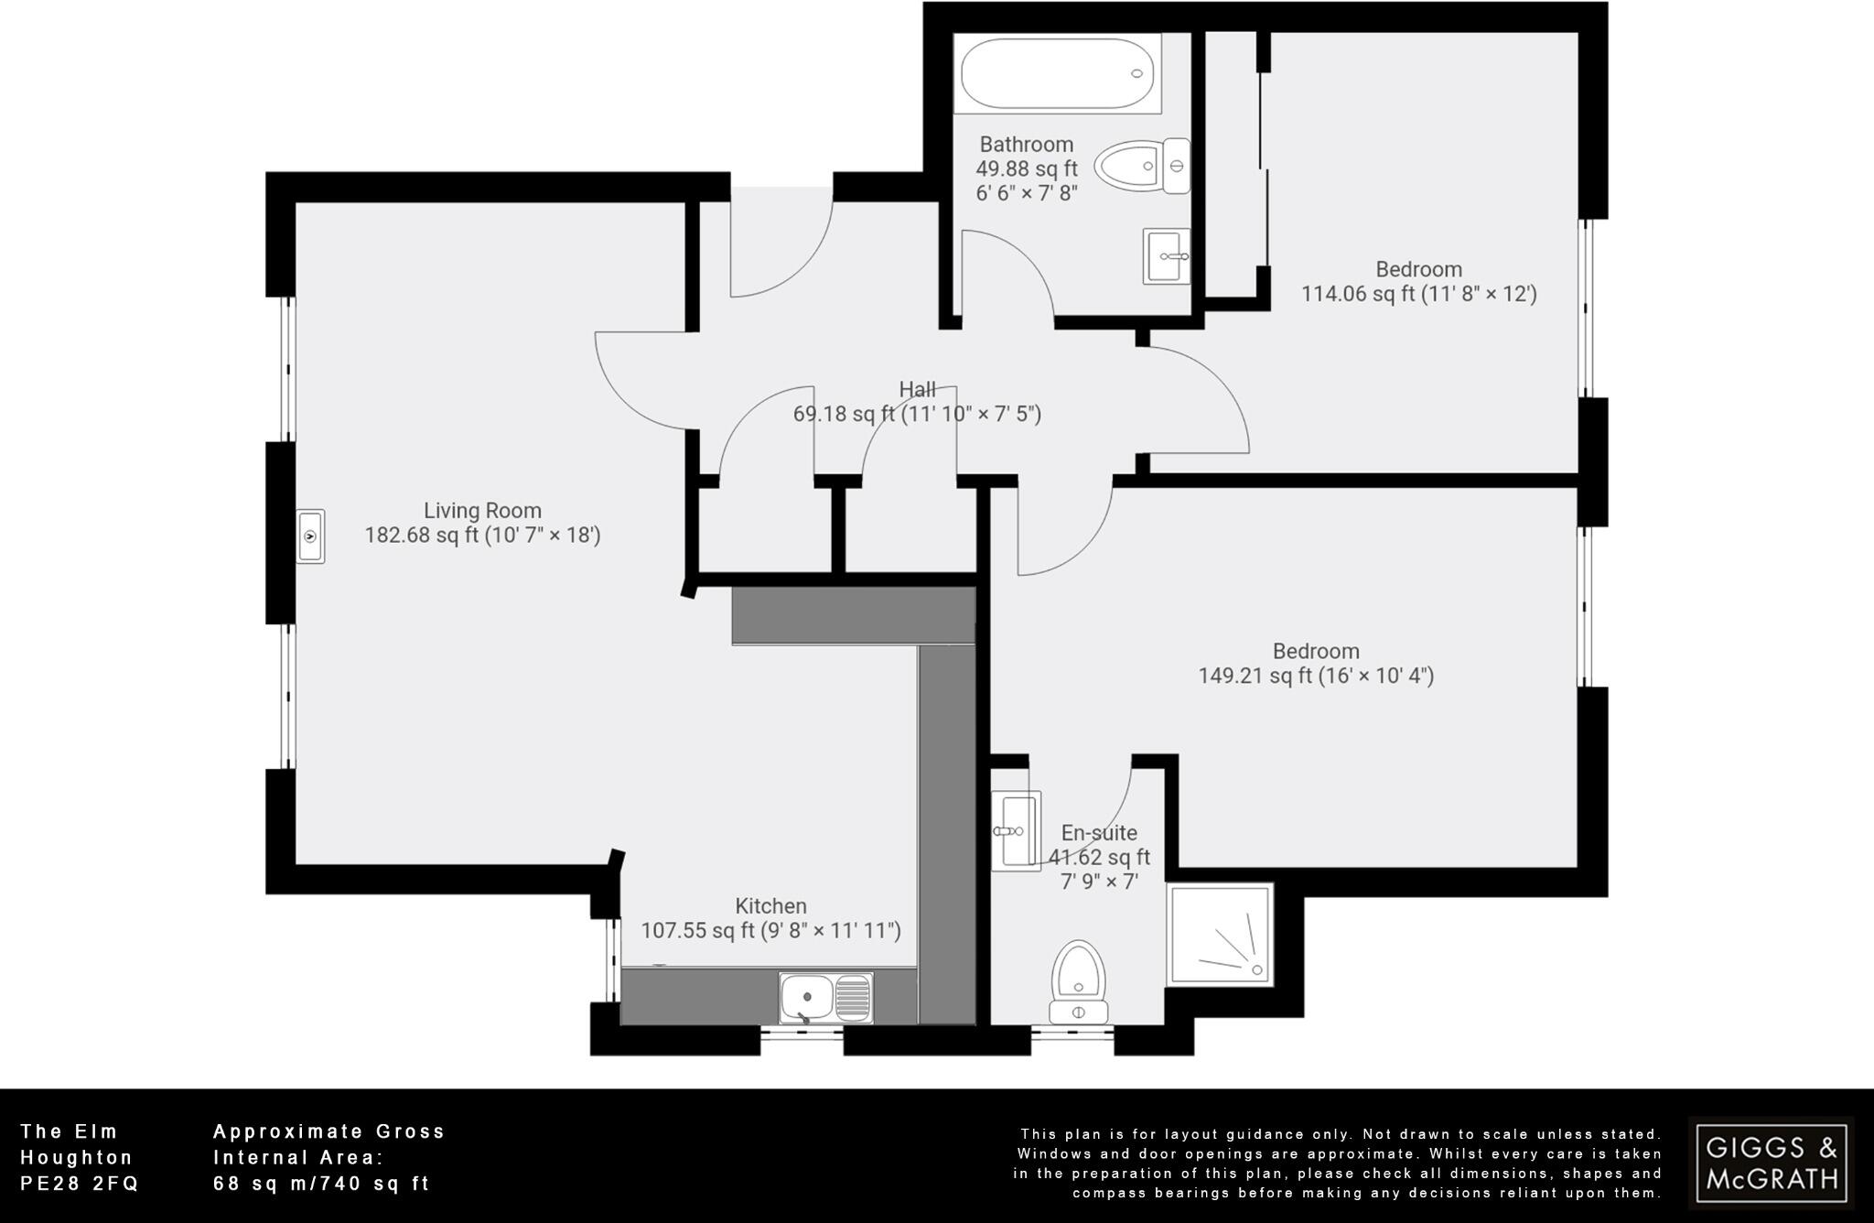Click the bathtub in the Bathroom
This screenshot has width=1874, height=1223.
coord(1057,73)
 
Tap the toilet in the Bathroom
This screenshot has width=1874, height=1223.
coord(1142,167)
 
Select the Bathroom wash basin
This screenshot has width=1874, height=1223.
coord(1167,256)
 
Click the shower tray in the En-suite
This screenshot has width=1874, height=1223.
coord(1220,934)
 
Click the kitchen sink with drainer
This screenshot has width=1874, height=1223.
coord(826,998)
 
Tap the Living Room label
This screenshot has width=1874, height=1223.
coord(482,511)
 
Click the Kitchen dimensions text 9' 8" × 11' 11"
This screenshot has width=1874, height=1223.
coord(832,931)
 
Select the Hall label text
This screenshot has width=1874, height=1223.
coord(917,389)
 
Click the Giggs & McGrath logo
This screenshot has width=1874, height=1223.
coord(1770,1163)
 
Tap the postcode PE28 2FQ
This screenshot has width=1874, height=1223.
coord(80,1184)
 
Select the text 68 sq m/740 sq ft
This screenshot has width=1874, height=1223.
coord(321,1184)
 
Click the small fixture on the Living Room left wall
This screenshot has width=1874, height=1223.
coord(310,536)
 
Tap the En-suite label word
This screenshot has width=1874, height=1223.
coord(1099,833)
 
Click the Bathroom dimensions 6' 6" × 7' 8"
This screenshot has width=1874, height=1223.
coord(1027,193)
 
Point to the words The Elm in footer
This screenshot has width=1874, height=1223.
coord(70,1131)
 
